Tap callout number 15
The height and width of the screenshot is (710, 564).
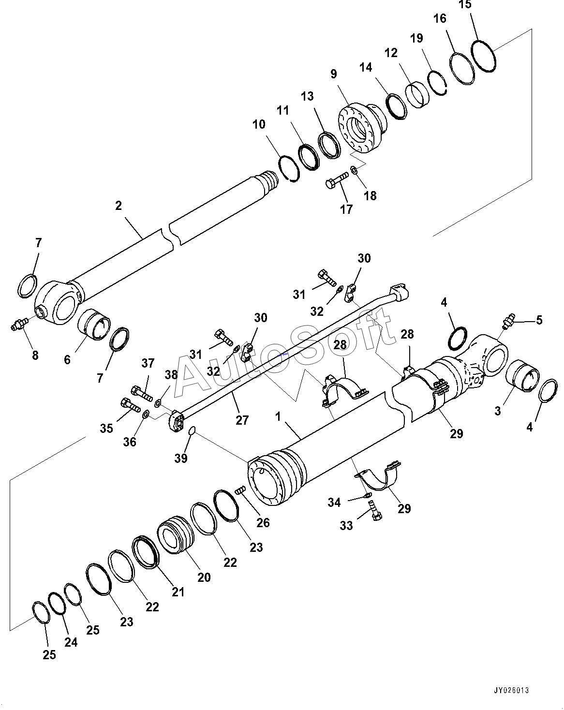(465, 5)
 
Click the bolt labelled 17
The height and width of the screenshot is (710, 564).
(337, 180)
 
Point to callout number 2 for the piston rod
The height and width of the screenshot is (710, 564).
(119, 206)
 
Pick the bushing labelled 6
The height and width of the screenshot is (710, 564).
(94, 325)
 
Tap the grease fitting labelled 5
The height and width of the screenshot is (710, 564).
(508, 321)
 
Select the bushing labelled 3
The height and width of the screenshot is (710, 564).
(523, 376)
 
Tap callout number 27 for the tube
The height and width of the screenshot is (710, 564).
(242, 420)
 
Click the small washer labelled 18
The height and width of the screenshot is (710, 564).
(354, 170)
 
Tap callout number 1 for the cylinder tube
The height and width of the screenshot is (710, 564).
(278, 417)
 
